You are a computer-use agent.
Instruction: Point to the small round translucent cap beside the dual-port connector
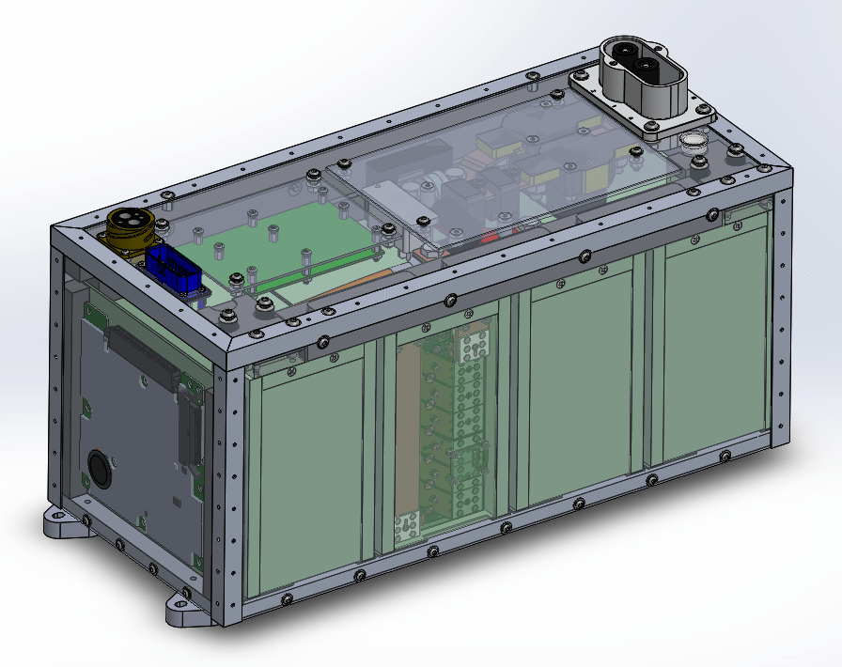point(694,142)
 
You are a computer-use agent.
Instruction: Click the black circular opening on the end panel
point(100,466)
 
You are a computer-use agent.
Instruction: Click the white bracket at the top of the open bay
point(474,346)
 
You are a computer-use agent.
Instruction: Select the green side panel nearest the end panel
point(310,479)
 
